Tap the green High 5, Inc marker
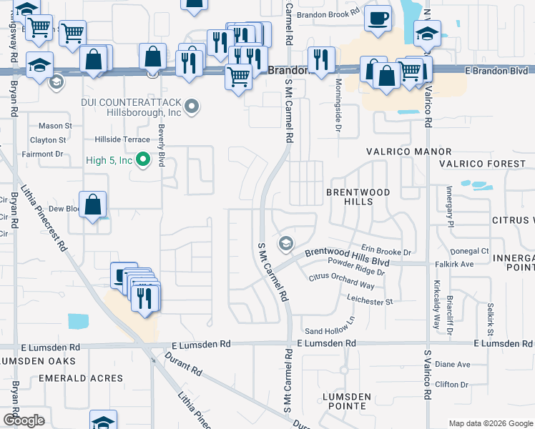click(143, 160)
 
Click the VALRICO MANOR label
click(409, 152)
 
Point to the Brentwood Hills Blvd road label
click(348, 257)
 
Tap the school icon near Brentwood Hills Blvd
click(286, 244)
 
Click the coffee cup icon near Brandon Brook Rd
click(377, 19)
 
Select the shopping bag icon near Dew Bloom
click(93, 205)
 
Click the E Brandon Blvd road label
click(496, 71)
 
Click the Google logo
click(24, 420)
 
